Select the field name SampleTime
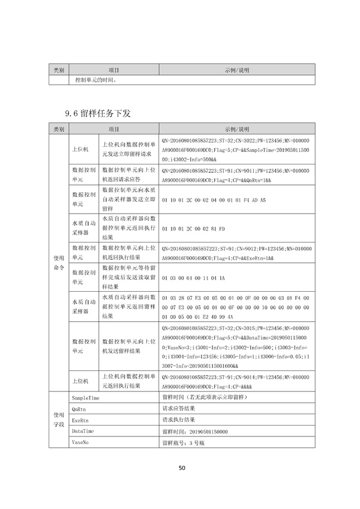tap(85, 398)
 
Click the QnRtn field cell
tap(79, 409)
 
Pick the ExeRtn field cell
tap(80, 420)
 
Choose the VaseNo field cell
tap(80, 442)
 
